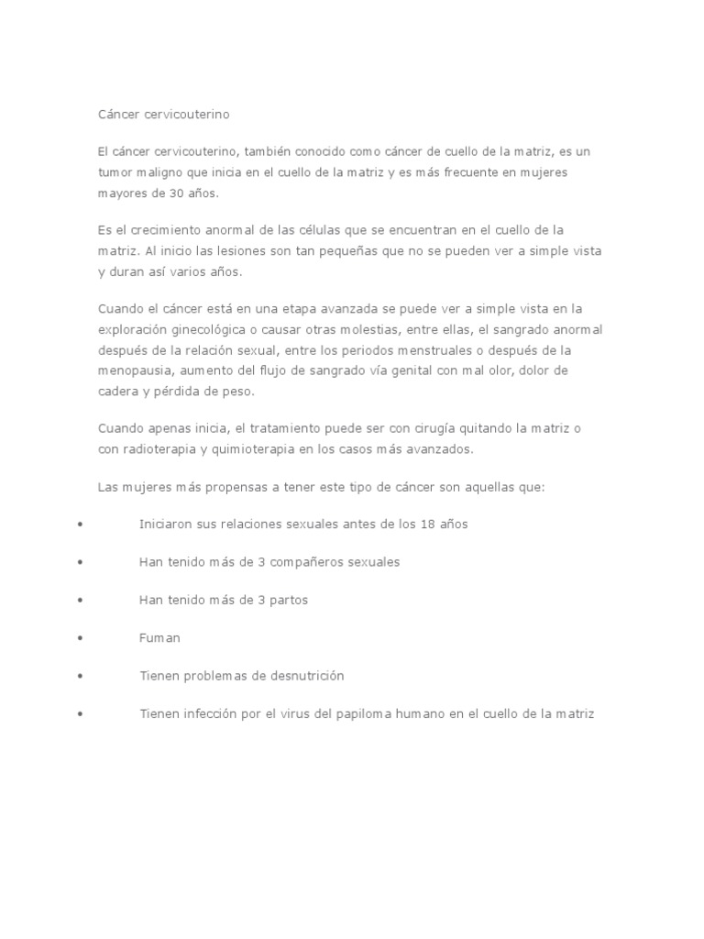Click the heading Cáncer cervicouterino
[x=164, y=115]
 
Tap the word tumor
[x=115, y=172]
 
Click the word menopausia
[x=134, y=370]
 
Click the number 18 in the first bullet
[x=426, y=524]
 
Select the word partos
[x=288, y=600]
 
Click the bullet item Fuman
[x=159, y=637]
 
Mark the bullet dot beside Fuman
[x=82, y=637]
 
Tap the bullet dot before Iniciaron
[x=82, y=524]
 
